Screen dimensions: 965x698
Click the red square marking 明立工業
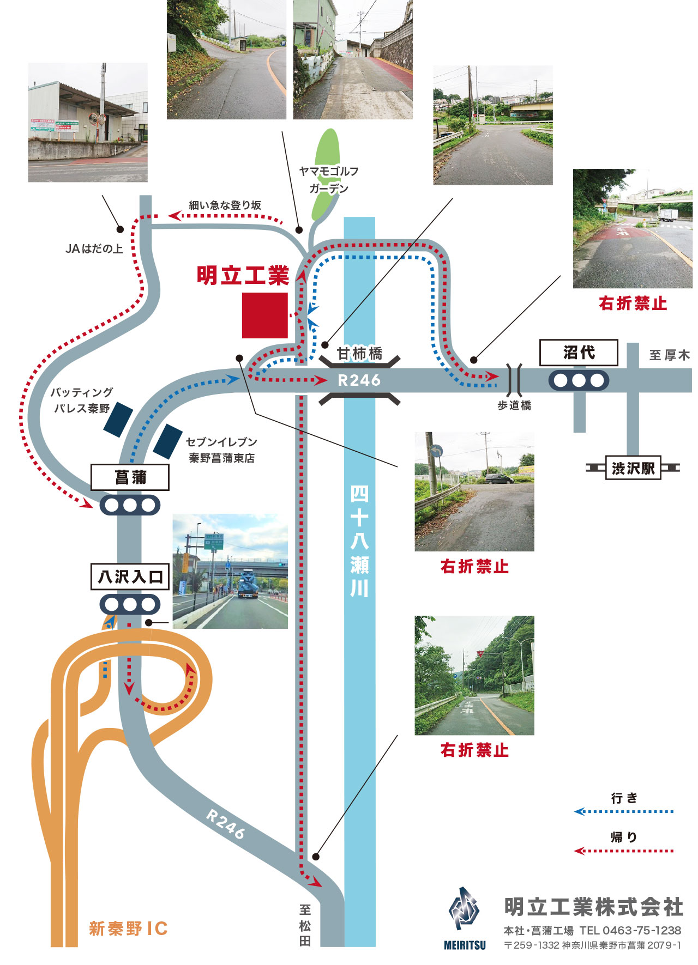(x=264, y=315)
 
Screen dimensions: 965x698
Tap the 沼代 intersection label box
(x=579, y=353)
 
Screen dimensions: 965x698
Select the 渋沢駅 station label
(x=633, y=468)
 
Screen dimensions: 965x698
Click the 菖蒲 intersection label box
(x=130, y=477)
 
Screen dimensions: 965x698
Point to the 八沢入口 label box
(x=130, y=577)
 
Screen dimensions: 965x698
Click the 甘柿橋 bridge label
(x=359, y=354)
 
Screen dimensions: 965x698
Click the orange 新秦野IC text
(x=128, y=928)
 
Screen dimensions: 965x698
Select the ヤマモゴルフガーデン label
(x=329, y=180)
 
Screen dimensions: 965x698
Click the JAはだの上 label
(x=94, y=249)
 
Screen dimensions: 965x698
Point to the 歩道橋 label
(x=514, y=405)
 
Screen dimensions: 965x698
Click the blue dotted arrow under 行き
(x=624, y=811)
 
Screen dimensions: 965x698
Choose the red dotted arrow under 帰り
(x=624, y=851)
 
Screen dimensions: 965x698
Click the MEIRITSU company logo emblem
(x=464, y=911)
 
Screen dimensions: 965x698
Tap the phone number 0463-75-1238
(x=641, y=930)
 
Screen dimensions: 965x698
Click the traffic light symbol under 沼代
(x=579, y=380)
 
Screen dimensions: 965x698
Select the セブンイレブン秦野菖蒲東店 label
(x=221, y=450)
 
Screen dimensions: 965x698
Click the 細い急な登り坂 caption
(x=225, y=205)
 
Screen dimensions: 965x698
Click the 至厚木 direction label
(x=670, y=355)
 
